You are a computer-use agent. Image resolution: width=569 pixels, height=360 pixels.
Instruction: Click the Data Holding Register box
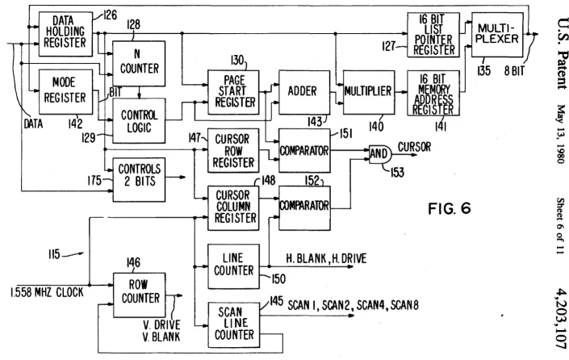[x=65, y=34]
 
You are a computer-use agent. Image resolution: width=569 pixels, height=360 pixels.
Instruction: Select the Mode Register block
[x=65, y=91]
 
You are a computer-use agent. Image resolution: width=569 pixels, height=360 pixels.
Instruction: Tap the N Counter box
[x=139, y=63]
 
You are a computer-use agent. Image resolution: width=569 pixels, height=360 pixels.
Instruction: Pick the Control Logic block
[x=139, y=120]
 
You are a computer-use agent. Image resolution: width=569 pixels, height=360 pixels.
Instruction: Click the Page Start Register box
[x=233, y=92]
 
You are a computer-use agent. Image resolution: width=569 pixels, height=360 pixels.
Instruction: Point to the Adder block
[x=304, y=92]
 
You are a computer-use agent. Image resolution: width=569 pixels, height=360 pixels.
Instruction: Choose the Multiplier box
[x=369, y=92]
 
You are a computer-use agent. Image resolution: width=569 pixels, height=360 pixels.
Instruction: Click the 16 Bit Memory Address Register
[x=433, y=93]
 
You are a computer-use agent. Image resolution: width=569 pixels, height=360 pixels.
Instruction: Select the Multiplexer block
[x=497, y=35]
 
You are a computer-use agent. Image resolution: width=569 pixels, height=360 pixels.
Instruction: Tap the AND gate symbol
[x=380, y=154]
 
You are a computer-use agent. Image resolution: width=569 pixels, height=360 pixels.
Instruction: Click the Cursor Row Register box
[x=233, y=150]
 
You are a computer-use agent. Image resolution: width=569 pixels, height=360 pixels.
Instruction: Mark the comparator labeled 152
[x=304, y=208]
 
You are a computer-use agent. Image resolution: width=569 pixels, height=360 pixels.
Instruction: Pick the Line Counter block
[x=233, y=266]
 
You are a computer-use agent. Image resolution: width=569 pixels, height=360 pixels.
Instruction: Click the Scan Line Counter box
[x=234, y=324]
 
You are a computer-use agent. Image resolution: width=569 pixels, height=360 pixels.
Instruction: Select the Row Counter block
[x=140, y=295]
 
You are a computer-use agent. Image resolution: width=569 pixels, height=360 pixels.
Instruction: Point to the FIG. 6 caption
[x=450, y=209]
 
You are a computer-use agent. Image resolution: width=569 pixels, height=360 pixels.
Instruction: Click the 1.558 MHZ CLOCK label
[x=47, y=292]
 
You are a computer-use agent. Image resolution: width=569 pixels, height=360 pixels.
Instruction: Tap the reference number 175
[x=94, y=180]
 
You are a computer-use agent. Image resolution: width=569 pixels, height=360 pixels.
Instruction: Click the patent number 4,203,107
[x=561, y=318]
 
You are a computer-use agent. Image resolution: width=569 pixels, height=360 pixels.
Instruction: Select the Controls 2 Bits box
[x=139, y=180]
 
